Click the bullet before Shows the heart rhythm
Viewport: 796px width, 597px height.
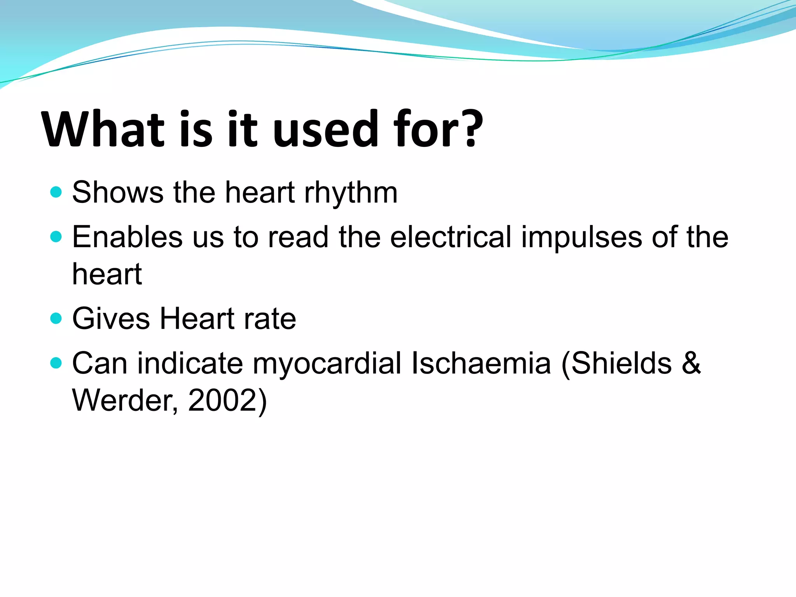[x=56, y=192]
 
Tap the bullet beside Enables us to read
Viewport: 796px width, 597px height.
[x=56, y=237]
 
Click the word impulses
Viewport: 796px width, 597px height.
[x=581, y=238]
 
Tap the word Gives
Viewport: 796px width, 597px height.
[x=111, y=319]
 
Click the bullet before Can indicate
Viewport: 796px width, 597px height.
[x=56, y=363]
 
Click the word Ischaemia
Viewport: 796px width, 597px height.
[x=481, y=363]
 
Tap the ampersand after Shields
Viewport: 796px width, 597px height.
[x=691, y=363]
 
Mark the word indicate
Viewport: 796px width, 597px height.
[x=190, y=363]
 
